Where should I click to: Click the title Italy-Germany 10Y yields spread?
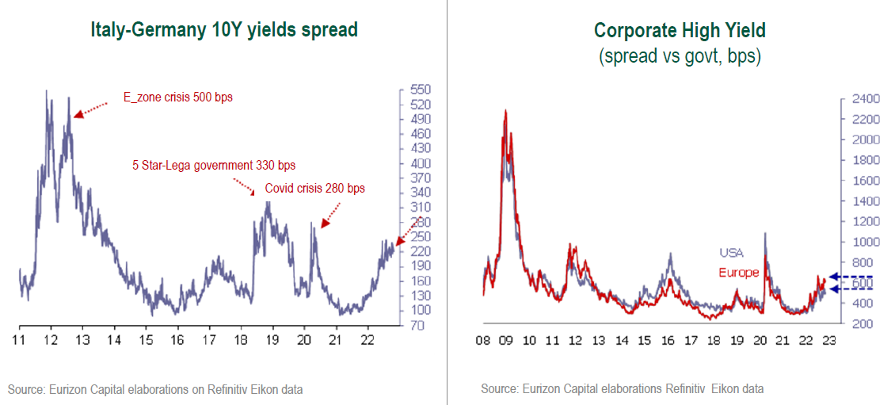click(x=224, y=30)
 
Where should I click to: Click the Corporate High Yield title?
click(x=680, y=30)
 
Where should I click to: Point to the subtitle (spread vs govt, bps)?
click(x=680, y=57)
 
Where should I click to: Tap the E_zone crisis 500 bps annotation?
click(x=178, y=97)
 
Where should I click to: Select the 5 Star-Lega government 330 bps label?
click(x=214, y=166)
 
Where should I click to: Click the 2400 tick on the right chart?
click(x=866, y=99)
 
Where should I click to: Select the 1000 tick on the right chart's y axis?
click(x=866, y=243)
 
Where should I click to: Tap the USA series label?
click(x=732, y=253)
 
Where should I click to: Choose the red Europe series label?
click(x=739, y=273)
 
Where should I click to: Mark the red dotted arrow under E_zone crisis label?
click(x=90, y=109)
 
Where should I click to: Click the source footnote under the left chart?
click(x=155, y=389)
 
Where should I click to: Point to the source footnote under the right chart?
click(x=622, y=389)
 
